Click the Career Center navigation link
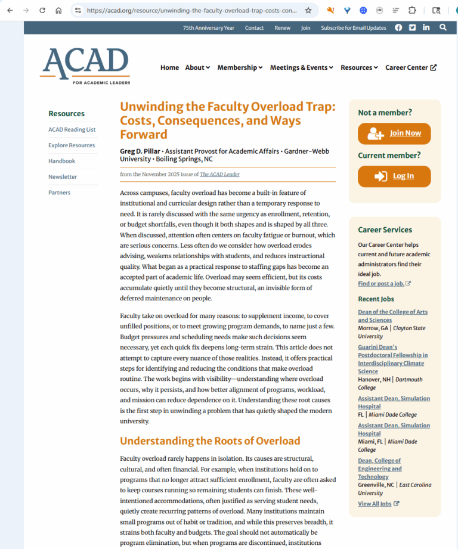click(410, 67)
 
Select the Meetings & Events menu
click(301, 67)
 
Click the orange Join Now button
click(394, 134)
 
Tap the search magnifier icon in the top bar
click(442, 27)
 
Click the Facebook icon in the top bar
click(398, 27)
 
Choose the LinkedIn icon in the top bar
click(426, 27)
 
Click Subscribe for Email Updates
click(353, 28)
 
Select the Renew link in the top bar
click(283, 28)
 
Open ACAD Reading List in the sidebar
click(72, 129)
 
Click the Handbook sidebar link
click(61, 161)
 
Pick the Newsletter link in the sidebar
click(63, 176)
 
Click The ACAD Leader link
click(219, 175)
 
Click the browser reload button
click(42, 10)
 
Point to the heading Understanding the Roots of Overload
click(210, 441)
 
